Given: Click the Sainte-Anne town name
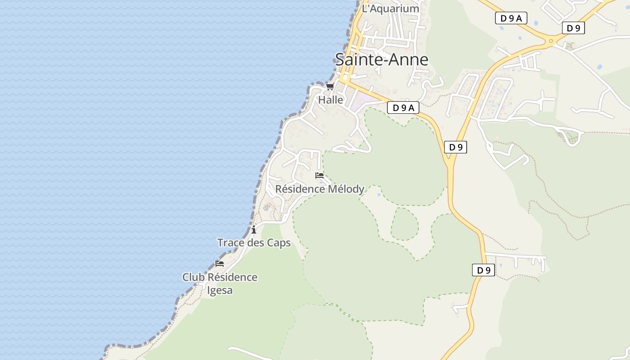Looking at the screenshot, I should point(382,59).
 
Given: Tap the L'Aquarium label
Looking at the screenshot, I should point(391,9).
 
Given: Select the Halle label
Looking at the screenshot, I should point(331,100).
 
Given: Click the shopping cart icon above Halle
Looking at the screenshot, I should point(330,86).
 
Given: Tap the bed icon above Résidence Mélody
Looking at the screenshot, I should point(319,175).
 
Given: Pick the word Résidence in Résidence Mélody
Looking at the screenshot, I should point(300,189).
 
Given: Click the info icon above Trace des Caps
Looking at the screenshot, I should point(254,229).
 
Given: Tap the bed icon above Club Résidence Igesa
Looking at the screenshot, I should point(220,264).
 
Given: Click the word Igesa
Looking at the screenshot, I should point(220,290).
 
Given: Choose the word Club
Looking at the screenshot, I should point(193,277).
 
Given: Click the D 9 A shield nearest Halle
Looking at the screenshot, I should point(403,108).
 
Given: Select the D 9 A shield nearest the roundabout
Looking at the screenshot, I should point(511,18).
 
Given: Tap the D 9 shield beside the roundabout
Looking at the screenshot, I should point(573,28).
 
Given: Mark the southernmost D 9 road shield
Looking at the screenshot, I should point(483,270).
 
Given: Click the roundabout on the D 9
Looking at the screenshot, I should point(550,42).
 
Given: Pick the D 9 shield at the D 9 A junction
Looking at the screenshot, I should point(455,147).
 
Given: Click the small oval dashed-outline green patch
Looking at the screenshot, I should point(405,224).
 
